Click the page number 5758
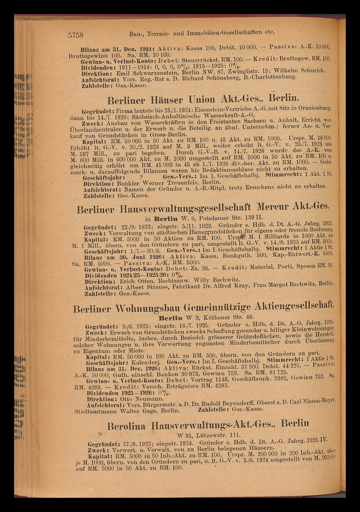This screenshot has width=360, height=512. tap(76, 35)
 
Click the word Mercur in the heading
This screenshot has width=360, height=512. tap(276, 208)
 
